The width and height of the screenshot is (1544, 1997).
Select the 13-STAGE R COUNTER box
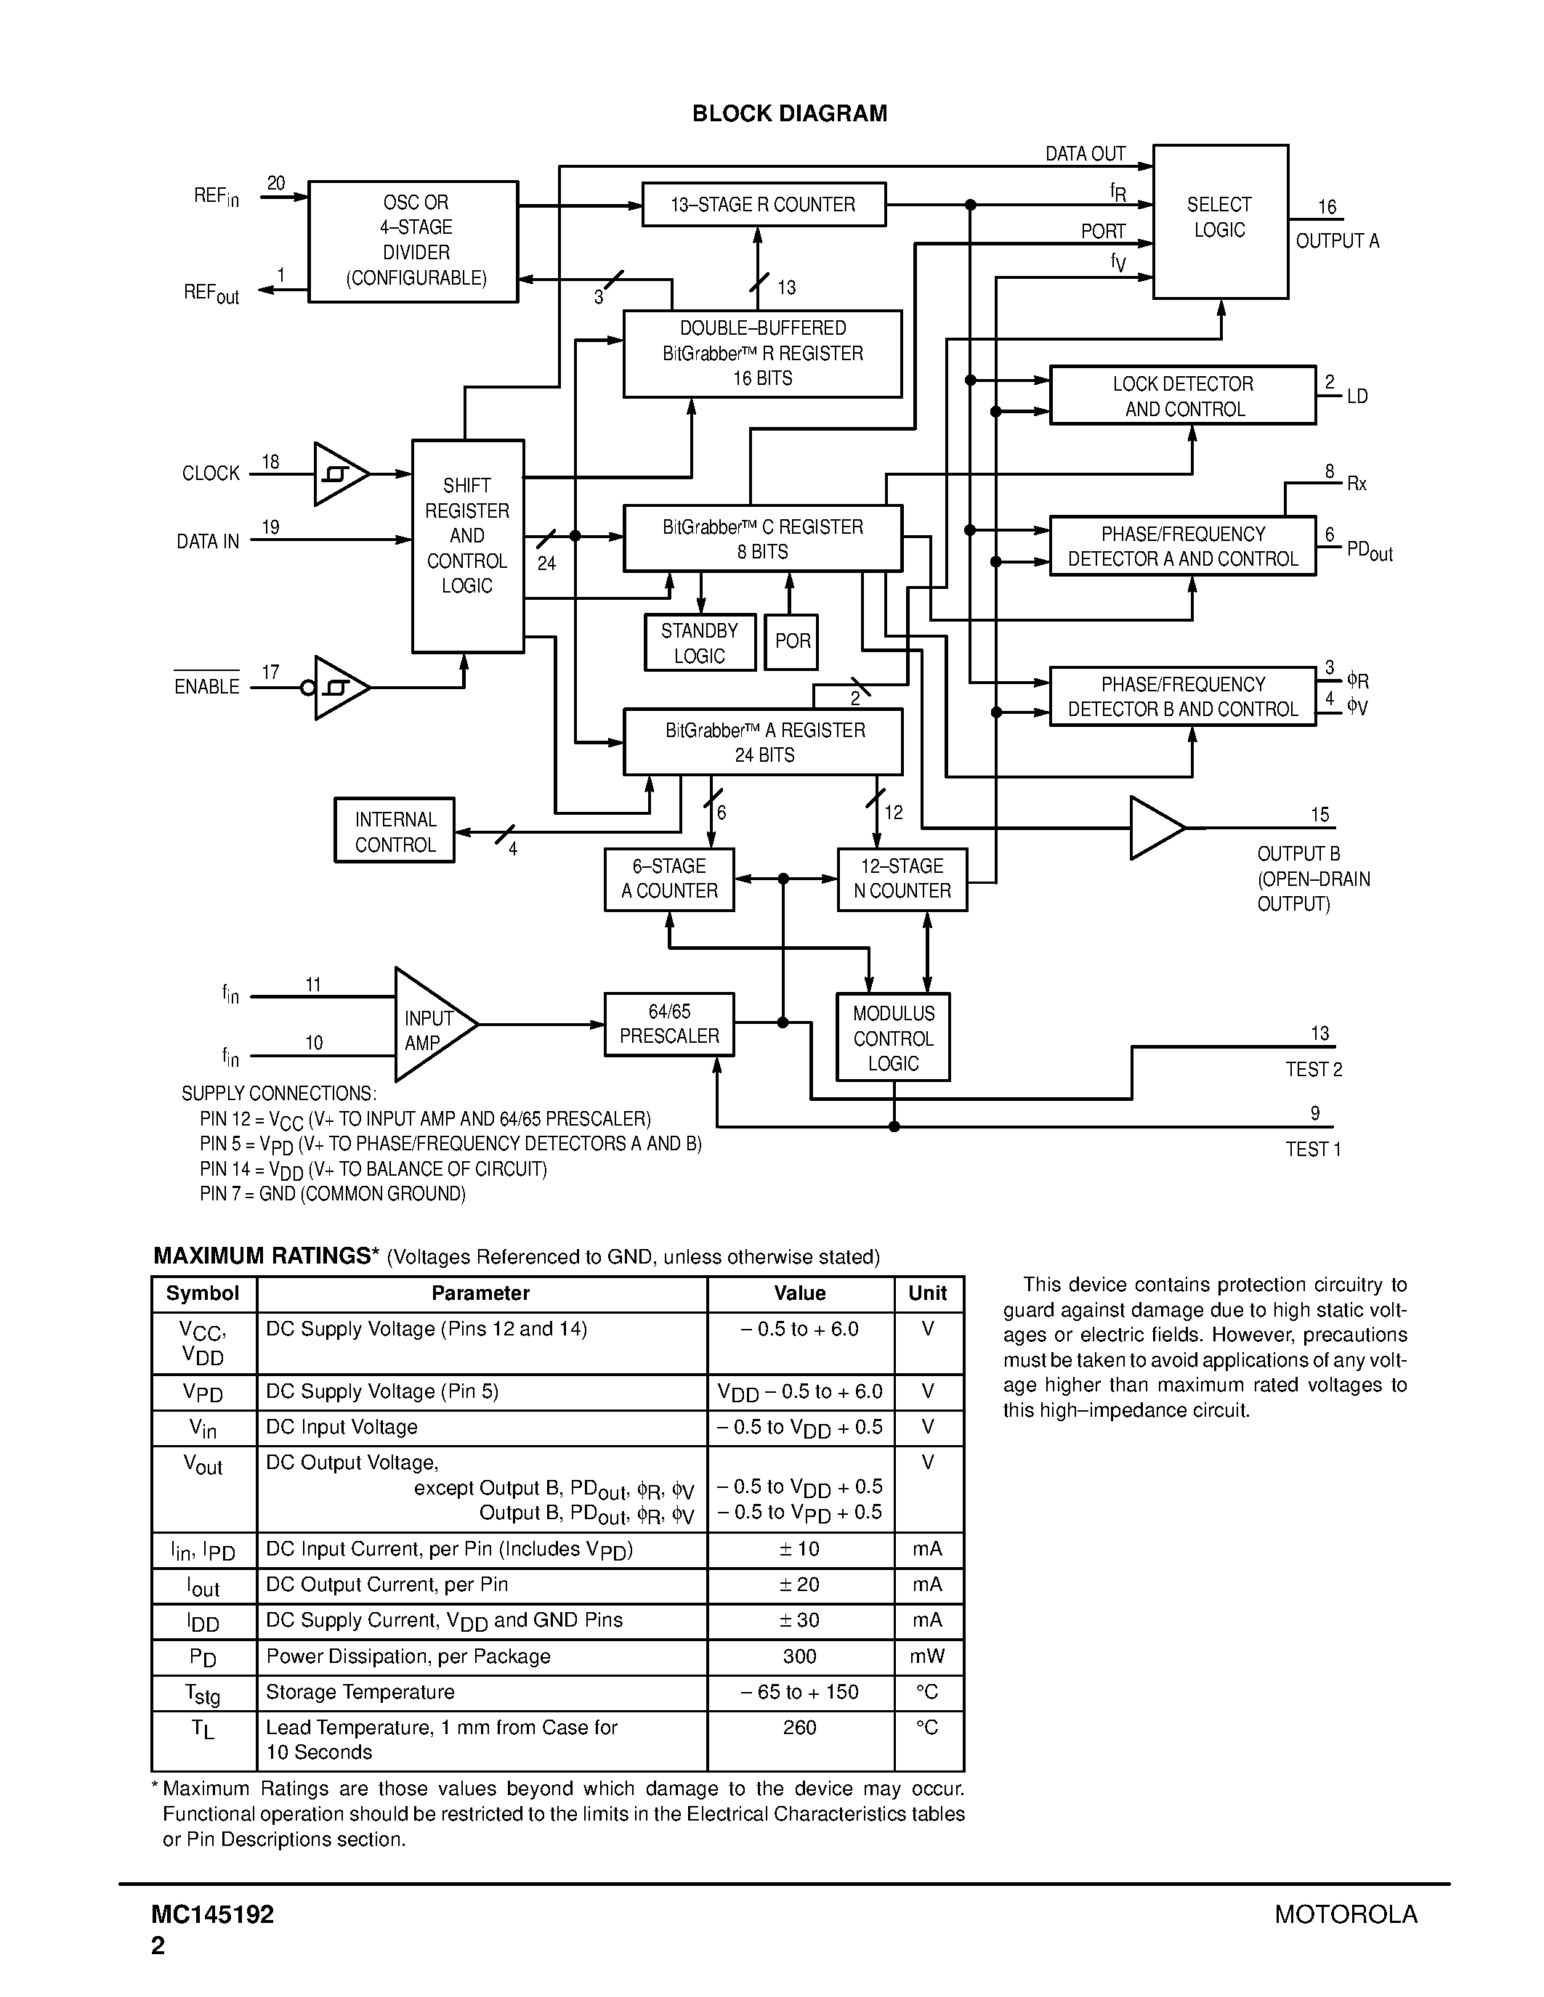(x=763, y=205)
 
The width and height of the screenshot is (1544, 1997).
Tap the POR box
(x=791, y=642)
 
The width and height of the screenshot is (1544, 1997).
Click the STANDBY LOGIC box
(x=700, y=643)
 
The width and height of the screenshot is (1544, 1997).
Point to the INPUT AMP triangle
(x=428, y=1025)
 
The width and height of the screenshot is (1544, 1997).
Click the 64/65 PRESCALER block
(x=668, y=1024)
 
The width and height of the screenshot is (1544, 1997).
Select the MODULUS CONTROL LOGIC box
(x=893, y=1038)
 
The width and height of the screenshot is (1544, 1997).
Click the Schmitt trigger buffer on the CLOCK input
(x=339, y=473)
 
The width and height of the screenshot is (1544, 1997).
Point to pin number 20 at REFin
(x=276, y=184)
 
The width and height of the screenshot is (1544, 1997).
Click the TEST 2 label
(x=1314, y=1070)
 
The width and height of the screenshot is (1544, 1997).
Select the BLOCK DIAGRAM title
(x=789, y=113)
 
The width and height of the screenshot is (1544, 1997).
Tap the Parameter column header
(x=480, y=1293)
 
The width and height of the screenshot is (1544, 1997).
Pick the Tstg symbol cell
(x=203, y=1693)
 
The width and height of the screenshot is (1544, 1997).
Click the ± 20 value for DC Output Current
(x=799, y=1585)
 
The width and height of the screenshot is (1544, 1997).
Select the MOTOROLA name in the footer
(x=1346, y=1913)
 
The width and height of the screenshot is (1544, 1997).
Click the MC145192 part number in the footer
(x=213, y=1913)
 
